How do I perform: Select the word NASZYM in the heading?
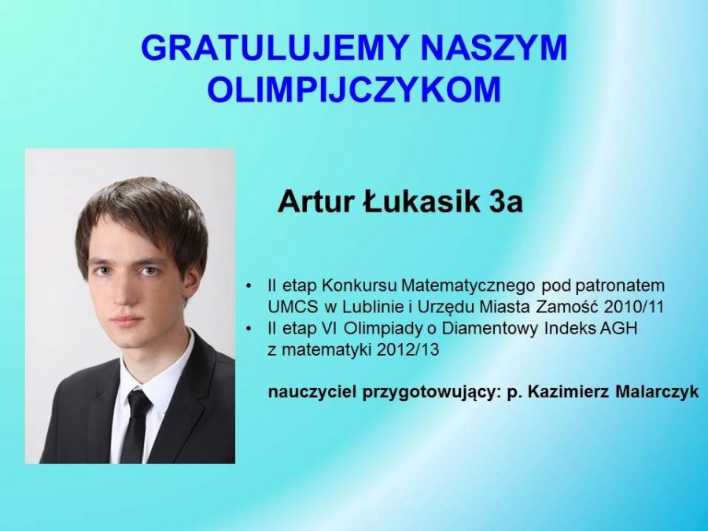(x=493, y=47)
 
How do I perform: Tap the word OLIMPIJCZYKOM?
(x=354, y=90)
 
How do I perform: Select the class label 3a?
(x=505, y=201)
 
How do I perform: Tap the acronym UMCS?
(x=293, y=307)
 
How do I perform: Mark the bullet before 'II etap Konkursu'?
(x=249, y=286)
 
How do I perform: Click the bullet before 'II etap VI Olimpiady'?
(x=249, y=329)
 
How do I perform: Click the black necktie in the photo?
(x=135, y=425)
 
